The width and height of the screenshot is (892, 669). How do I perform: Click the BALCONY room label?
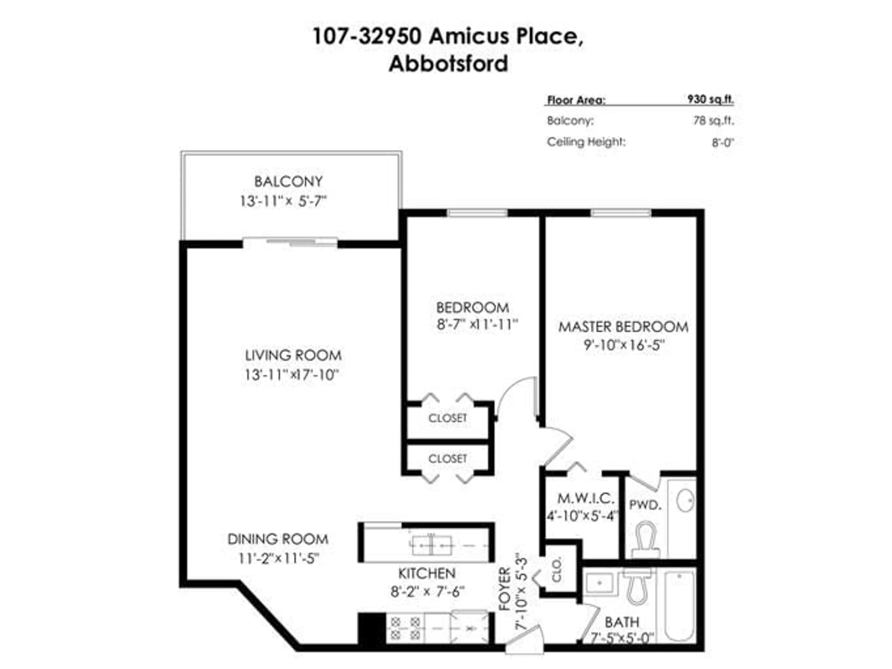tap(288, 182)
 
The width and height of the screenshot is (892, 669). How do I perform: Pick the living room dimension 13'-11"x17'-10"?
tap(291, 375)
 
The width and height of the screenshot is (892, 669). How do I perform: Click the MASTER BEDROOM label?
tap(623, 327)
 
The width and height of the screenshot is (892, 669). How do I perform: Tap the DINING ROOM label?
tap(278, 539)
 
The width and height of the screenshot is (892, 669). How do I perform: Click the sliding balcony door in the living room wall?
tap(290, 243)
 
